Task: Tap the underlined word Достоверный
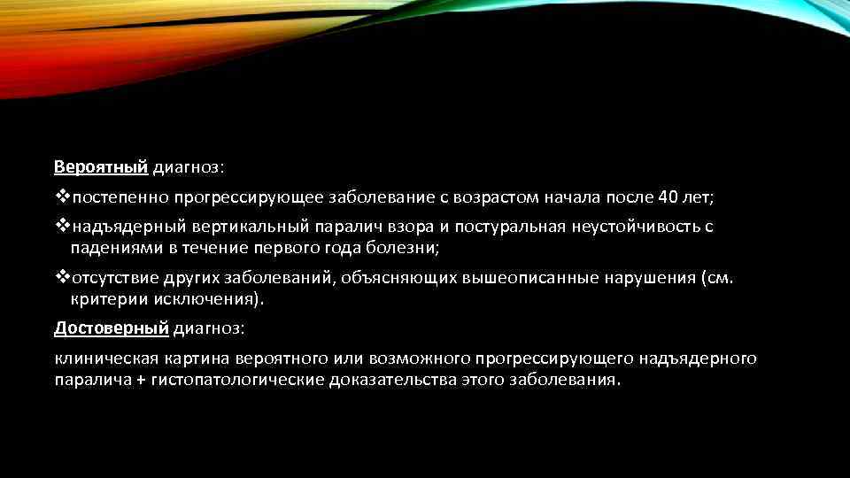click(111, 328)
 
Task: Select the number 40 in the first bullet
click(668, 196)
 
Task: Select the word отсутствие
click(114, 278)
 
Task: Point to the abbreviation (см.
click(715, 278)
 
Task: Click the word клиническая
click(106, 358)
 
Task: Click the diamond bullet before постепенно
click(62, 196)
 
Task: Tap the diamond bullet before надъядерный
click(62, 226)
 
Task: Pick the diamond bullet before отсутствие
click(62, 278)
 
